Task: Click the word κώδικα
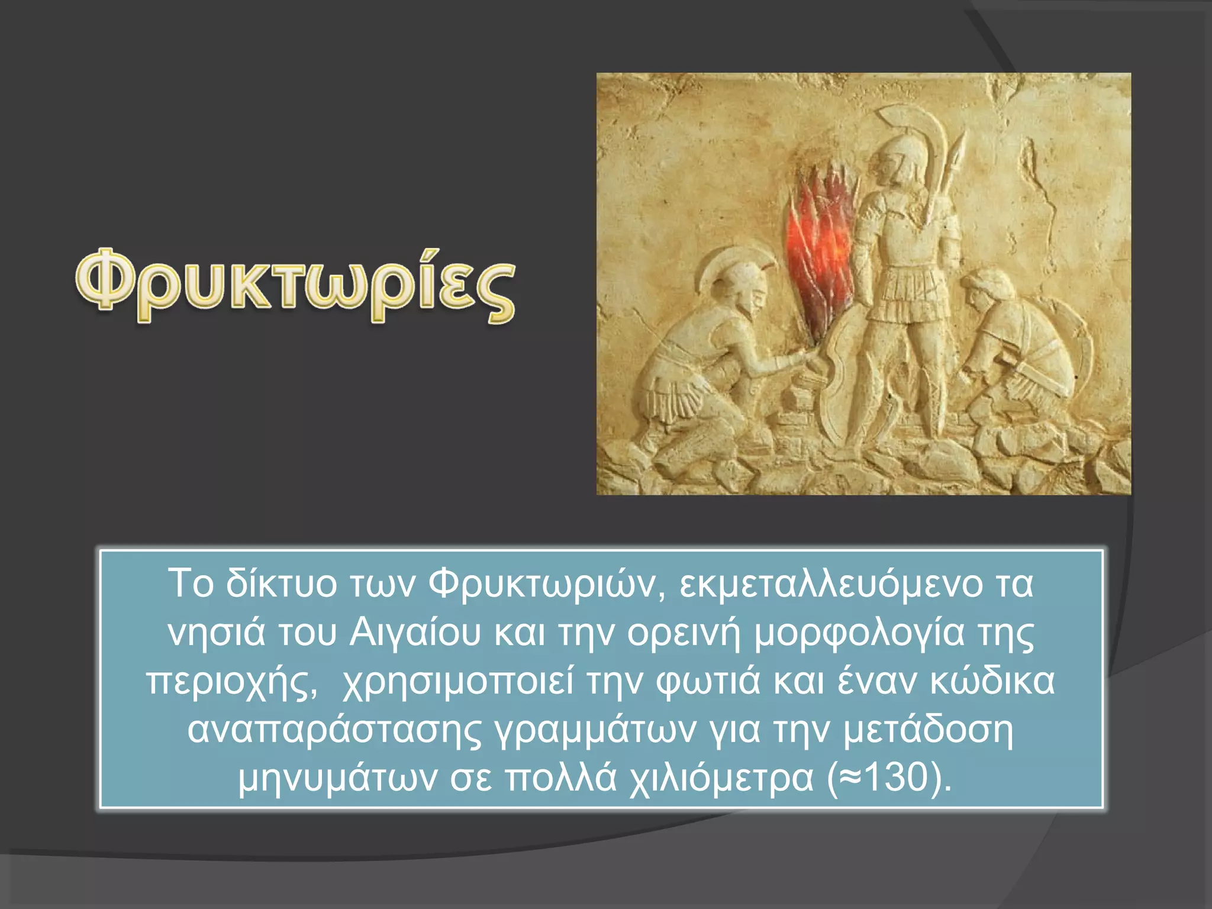click(992, 681)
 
